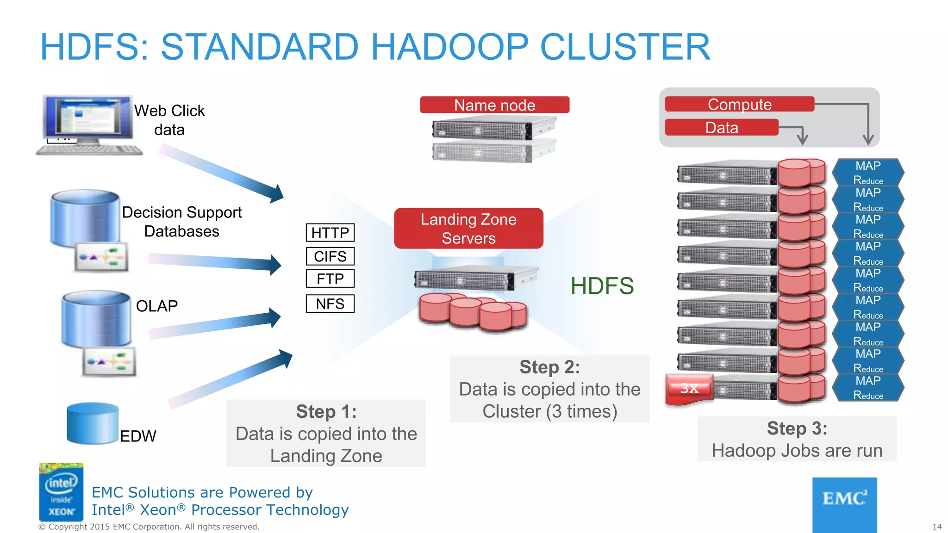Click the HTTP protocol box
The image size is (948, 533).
pos(330,232)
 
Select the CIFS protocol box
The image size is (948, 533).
pos(330,256)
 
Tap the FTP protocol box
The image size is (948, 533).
pos(330,279)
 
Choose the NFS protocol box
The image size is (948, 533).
pos(330,304)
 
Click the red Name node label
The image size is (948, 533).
pos(494,105)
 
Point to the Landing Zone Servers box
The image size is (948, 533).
pos(468,229)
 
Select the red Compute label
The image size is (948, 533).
pos(739,104)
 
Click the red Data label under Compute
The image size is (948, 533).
pos(722,128)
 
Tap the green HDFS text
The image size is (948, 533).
pos(602,286)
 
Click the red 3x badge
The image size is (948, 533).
pos(689,389)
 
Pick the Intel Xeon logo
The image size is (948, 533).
pos(61,492)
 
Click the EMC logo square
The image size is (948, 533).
pos(844,504)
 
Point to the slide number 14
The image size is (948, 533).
pos(937,527)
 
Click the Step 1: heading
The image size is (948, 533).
pos(326,411)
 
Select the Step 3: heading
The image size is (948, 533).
pos(797,428)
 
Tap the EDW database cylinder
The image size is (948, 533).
pos(92,423)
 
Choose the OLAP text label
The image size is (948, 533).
pos(157,306)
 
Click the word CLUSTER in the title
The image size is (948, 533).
pos(625,47)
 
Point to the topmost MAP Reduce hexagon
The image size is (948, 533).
pos(868,173)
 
